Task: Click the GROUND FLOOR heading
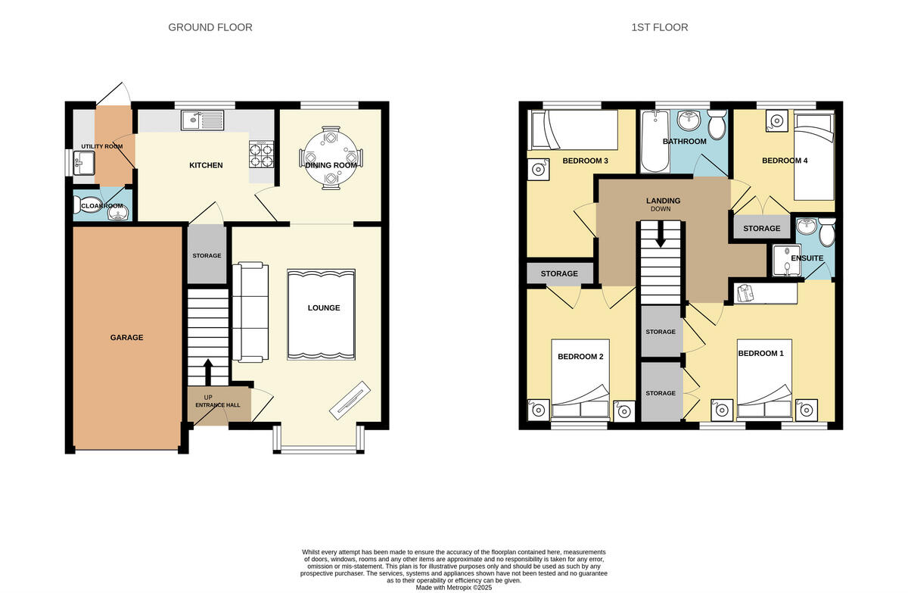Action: coord(210,27)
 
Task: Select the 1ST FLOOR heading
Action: coord(659,27)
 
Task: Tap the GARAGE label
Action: coord(126,338)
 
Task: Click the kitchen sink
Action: coord(202,119)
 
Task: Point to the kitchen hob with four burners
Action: coord(261,154)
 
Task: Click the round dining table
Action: coord(331,158)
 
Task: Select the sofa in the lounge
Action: coord(250,311)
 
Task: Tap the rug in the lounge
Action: coord(321,314)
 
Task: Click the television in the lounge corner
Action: coord(350,399)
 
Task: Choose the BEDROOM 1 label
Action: coord(760,354)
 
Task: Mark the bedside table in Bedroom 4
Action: coord(776,120)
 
